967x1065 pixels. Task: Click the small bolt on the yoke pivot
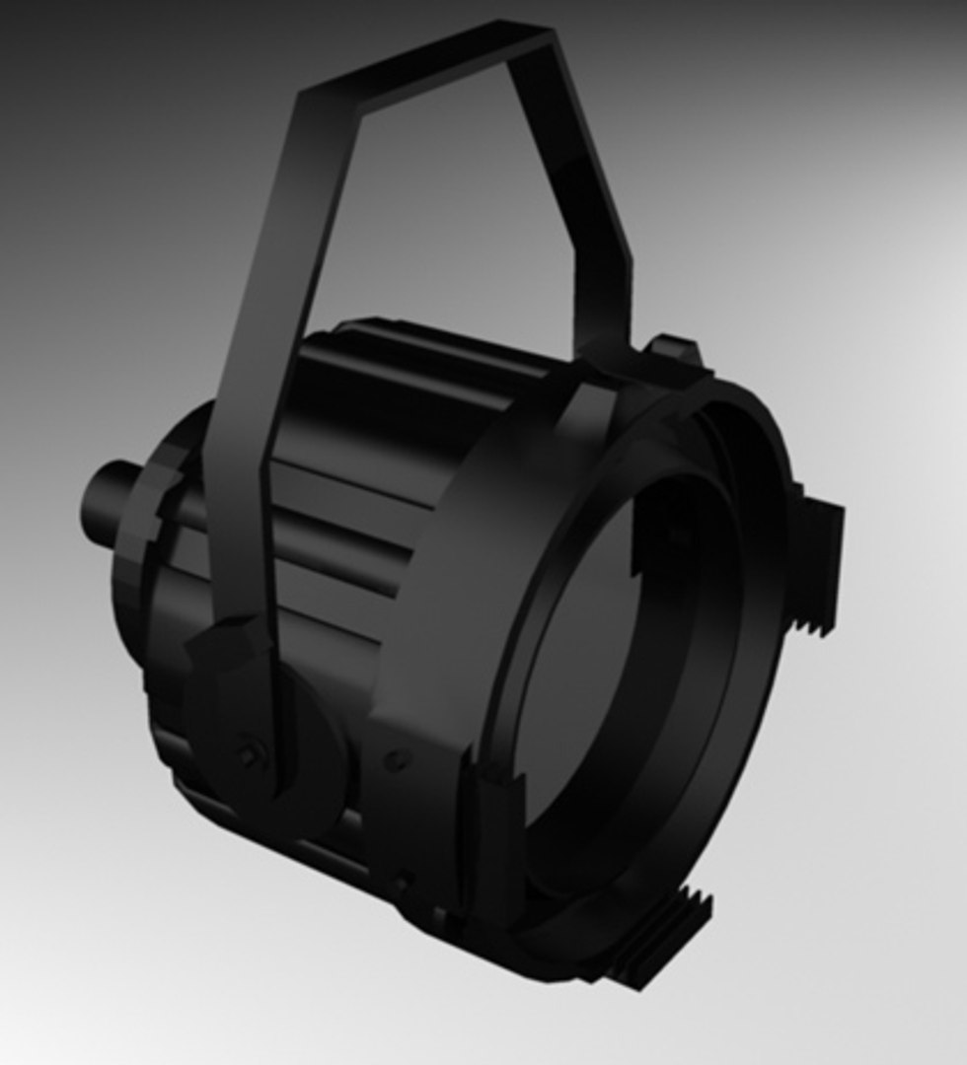point(248,755)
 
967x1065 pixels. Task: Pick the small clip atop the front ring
point(677,351)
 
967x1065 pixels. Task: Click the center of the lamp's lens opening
point(632,671)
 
